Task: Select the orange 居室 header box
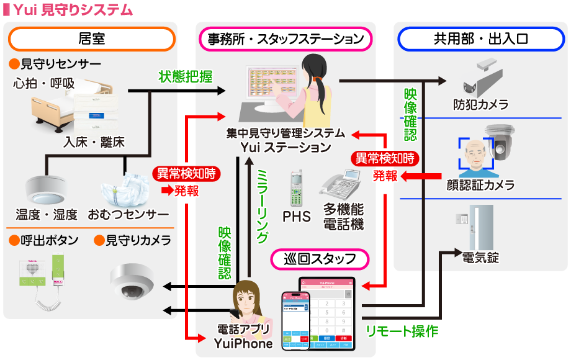click(x=92, y=39)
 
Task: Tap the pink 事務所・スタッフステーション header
click(x=285, y=39)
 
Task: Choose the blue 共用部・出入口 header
click(x=480, y=39)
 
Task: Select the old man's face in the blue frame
click(x=474, y=154)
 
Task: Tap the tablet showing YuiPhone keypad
click(x=326, y=313)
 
